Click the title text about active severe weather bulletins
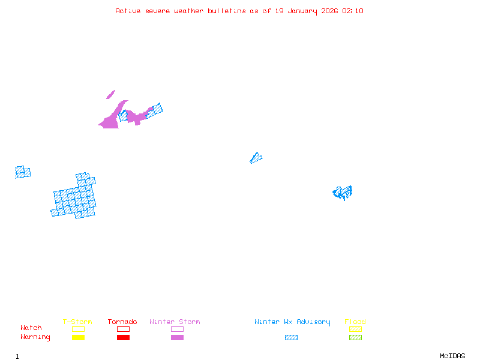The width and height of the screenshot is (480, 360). click(x=239, y=11)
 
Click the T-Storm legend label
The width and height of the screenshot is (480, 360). click(x=77, y=322)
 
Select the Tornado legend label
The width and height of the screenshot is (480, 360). click(x=122, y=322)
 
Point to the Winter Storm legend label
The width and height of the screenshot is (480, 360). click(x=175, y=322)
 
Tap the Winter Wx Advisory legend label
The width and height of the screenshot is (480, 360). click(x=292, y=322)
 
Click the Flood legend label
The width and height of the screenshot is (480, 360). click(x=355, y=322)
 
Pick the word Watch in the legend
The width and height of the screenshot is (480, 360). click(x=31, y=328)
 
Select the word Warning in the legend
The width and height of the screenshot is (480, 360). click(x=35, y=337)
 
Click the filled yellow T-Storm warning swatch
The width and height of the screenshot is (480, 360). click(x=78, y=337)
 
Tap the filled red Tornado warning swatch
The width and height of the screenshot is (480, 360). click(x=123, y=337)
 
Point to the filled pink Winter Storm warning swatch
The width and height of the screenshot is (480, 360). click(x=177, y=337)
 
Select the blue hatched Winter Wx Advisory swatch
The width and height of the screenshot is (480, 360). click(x=291, y=337)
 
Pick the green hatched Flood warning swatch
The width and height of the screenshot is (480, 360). click(x=355, y=337)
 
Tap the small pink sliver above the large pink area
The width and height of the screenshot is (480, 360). click(x=110, y=94)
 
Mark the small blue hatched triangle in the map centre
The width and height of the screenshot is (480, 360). click(x=256, y=158)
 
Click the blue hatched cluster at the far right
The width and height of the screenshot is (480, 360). click(x=343, y=193)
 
